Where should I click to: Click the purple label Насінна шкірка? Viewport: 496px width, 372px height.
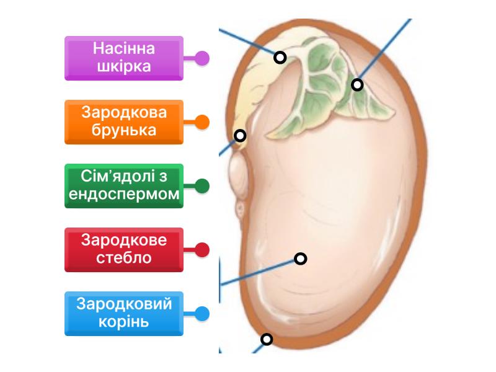(x=124, y=58)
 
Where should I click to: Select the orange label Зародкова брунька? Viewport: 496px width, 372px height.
(x=124, y=122)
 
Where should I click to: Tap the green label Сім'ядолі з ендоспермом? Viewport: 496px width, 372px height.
(x=124, y=185)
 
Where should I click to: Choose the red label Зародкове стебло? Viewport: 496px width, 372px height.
(x=124, y=249)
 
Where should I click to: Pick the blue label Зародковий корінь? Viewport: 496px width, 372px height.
(x=124, y=313)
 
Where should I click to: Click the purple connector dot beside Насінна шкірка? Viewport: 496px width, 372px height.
(x=201, y=58)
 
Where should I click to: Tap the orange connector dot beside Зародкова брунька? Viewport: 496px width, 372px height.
(x=201, y=122)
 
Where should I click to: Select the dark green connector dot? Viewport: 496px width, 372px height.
(x=201, y=186)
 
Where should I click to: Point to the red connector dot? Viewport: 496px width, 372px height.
(x=201, y=250)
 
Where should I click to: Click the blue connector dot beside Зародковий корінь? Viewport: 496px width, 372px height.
(x=201, y=314)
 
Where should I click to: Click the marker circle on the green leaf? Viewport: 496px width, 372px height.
(x=357, y=84)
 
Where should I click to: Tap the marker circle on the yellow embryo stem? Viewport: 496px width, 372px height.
(x=280, y=58)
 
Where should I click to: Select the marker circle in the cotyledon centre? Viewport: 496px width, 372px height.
(x=301, y=259)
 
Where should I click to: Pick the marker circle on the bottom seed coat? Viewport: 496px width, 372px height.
(x=267, y=339)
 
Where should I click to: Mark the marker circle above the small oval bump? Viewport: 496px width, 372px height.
(x=240, y=135)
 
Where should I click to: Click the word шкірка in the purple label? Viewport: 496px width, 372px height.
(x=124, y=66)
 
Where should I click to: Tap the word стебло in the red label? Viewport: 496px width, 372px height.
(x=124, y=258)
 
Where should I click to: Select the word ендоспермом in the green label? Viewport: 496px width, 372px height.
(x=124, y=195)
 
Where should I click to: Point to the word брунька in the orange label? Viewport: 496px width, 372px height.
(x=124, y=130)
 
